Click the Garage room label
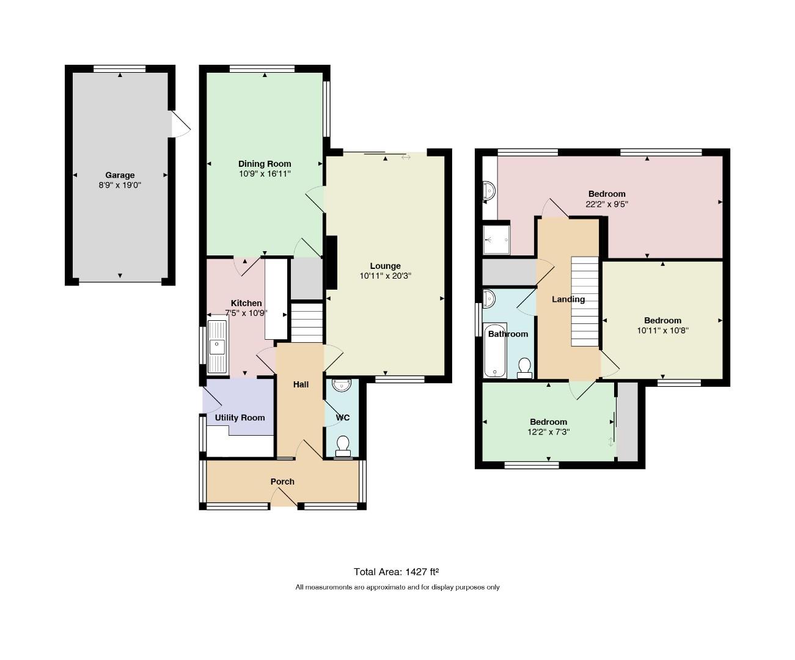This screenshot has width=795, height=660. coord(120,175)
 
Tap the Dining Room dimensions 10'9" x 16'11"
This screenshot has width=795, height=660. coord(265,174)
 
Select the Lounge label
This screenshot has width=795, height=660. coord(386,266)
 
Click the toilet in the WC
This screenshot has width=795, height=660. coord(343,446)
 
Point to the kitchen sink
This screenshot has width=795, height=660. coord(217,347)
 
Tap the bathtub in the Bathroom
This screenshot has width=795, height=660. coord(494,350)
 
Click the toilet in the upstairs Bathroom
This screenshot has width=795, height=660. coord(525,368)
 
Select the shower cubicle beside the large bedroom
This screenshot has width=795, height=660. coord(497,240)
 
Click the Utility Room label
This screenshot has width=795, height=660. coord(240,417)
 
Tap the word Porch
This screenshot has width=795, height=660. coord(282,482)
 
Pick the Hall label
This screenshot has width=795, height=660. coord(301,384)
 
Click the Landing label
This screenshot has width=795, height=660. coord(568,299)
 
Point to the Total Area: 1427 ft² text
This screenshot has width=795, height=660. coord(397,571)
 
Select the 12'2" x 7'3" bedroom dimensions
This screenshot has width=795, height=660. coord(549,432)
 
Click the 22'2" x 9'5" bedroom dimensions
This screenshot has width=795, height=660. coord(607,204)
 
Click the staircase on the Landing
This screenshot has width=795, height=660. coord(585,301)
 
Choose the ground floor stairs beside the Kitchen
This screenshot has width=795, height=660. coord(307,323)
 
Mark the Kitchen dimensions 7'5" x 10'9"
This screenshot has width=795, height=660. coord(246,313)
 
